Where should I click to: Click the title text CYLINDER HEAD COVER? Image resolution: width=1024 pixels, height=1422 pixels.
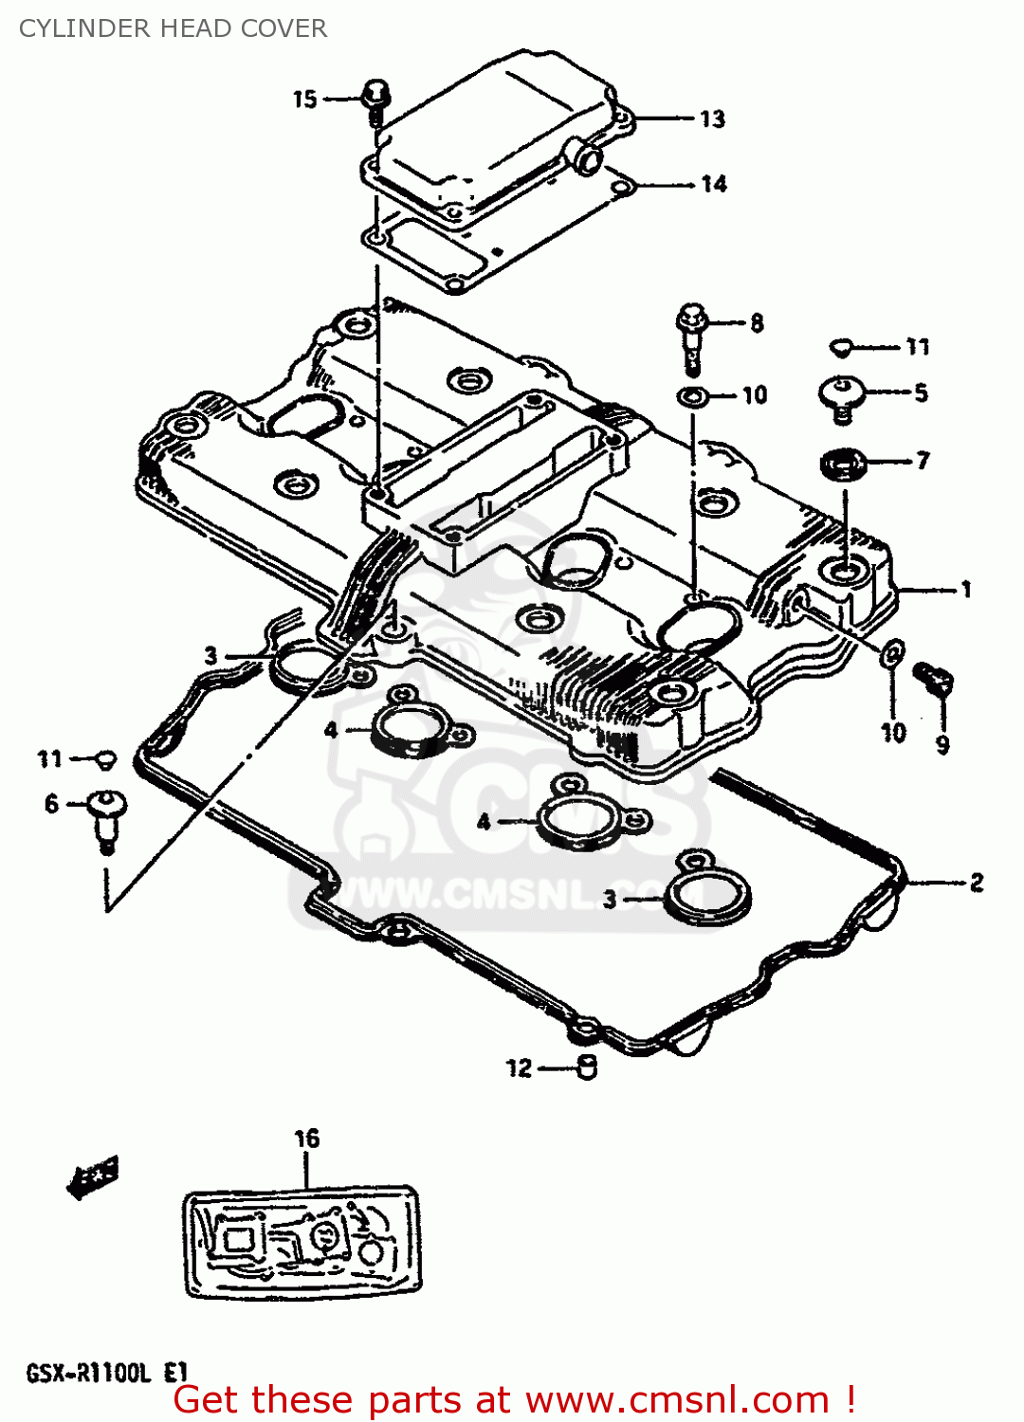173,28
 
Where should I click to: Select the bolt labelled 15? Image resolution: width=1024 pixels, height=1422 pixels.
375,100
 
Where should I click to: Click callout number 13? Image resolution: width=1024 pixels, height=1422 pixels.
712,119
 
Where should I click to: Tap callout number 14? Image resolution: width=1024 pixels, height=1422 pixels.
714,184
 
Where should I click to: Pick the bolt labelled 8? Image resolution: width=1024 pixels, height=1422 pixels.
692,332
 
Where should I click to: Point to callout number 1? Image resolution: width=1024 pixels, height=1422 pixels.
966,590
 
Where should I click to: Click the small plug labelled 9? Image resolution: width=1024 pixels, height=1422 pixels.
934,678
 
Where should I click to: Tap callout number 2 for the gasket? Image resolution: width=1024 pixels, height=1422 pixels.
977,884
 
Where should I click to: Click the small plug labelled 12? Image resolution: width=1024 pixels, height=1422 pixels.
587,1067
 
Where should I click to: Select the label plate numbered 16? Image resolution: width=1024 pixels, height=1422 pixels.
302,1242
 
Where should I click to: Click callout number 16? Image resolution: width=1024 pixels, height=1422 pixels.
307,1139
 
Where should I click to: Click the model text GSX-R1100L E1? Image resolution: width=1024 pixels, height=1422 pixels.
107,1373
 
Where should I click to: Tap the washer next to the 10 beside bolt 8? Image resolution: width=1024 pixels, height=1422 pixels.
693,395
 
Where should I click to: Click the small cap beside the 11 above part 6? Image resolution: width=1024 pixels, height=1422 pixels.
107,758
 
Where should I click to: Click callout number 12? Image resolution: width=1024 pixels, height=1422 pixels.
520,1068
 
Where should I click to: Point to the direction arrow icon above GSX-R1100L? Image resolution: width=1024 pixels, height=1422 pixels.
93,1177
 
